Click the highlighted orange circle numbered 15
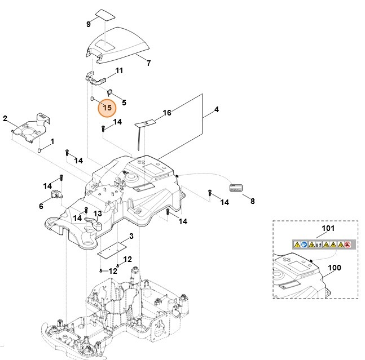[107, 106]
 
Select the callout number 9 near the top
[88, 24]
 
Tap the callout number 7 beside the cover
[149, 63]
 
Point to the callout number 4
[216, 109]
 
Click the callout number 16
[167, 113]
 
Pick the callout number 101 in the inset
[328, 229]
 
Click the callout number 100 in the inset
[335, 268]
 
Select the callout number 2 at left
[5, 119]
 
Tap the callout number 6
[41, 206]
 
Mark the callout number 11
[119, 70]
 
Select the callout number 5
[124, 103]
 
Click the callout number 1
[52, 142]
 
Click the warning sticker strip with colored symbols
[322, 244]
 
